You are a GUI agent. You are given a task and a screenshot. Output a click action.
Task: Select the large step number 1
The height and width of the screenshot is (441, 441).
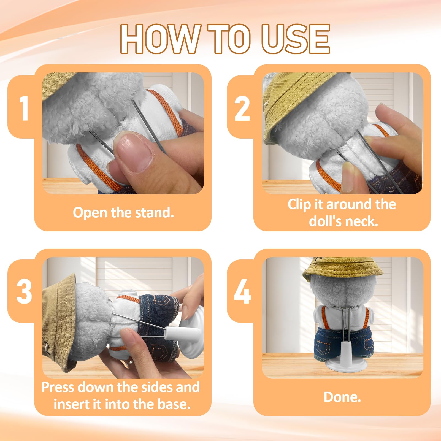tap(24, 108)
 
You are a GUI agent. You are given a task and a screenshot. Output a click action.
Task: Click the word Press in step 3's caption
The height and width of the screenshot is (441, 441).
tap(58, 387)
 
